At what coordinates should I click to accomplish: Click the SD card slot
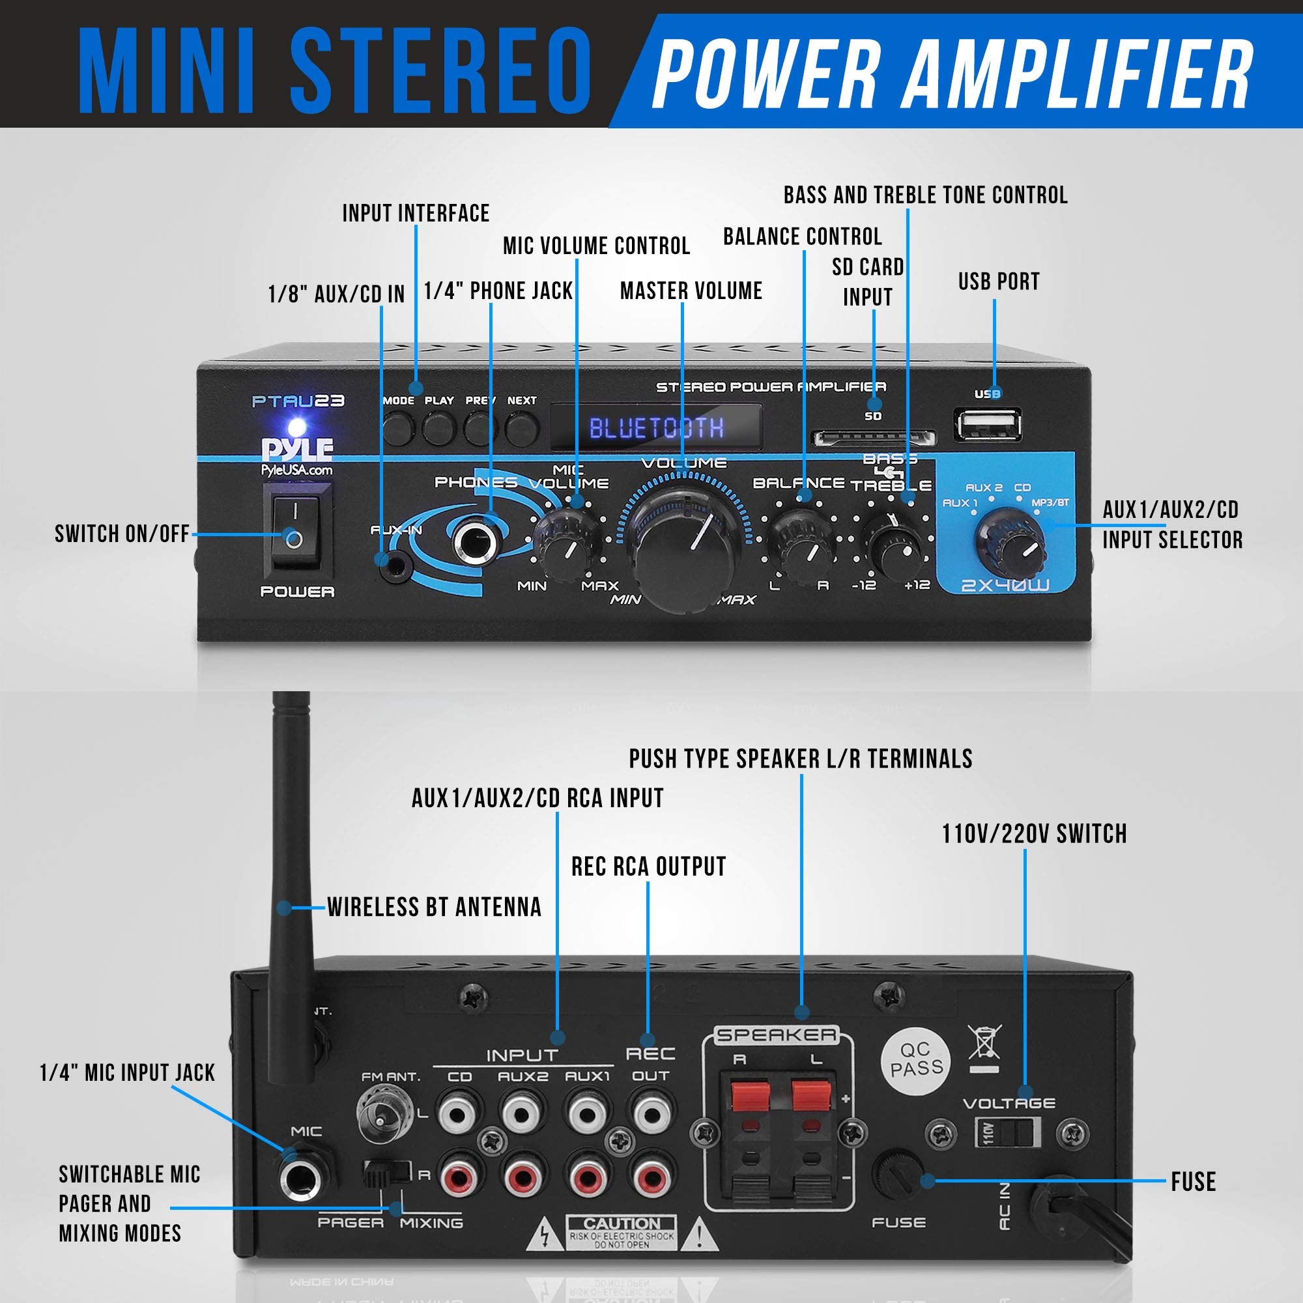tap(874, 439)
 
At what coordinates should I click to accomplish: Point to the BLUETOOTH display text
tap(656, 428)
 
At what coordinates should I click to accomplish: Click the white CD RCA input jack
tap(460, 1113)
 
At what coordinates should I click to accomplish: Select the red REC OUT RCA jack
tap(650, 1178)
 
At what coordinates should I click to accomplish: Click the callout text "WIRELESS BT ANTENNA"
tap(435, 907)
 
